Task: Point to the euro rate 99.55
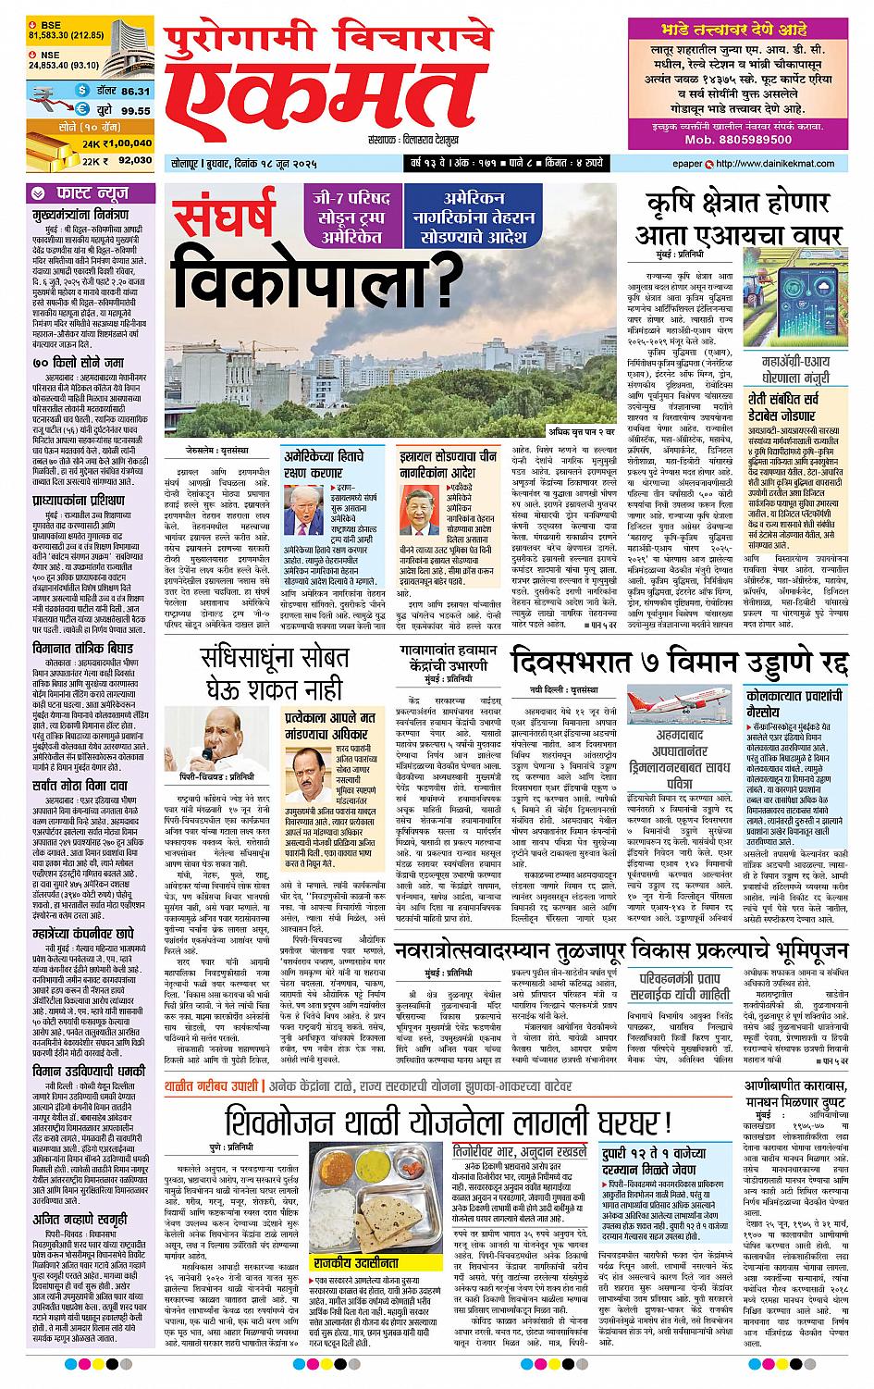tap(134, 110)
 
